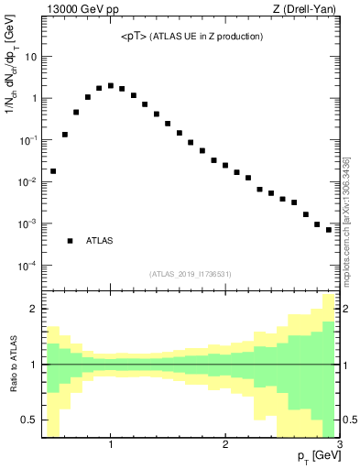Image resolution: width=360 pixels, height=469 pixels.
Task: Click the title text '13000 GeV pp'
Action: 72,10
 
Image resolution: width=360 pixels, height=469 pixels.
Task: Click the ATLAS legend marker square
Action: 70,241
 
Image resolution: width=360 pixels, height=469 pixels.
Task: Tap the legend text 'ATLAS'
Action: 100,241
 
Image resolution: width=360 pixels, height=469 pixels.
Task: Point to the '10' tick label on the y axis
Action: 30,56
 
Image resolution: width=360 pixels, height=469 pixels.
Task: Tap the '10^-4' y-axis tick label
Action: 27,266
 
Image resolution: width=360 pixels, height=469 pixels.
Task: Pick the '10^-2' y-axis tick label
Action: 27,181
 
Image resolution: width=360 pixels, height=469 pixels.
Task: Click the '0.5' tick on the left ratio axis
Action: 28,420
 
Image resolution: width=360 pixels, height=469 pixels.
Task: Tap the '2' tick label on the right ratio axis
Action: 347,309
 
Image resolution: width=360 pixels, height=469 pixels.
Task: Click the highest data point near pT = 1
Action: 111,85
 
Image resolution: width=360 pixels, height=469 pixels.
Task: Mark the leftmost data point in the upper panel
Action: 53,171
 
